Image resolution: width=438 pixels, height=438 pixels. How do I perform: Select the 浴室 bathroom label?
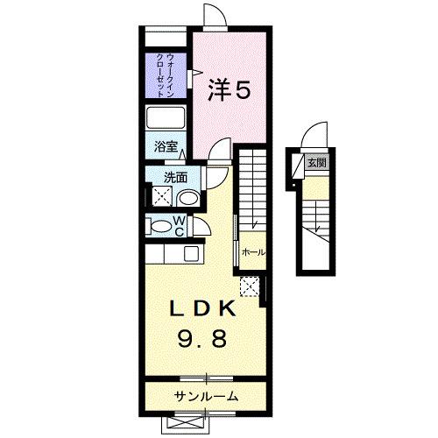tap(167, 147)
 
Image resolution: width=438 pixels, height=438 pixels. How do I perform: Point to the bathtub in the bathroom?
tap(166, 118)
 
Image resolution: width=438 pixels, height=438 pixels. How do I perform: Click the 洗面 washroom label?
tap(175, 177)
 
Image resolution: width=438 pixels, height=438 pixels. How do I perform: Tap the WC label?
tap(177, 226)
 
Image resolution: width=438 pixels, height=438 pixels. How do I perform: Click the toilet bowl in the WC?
tap(159, 226)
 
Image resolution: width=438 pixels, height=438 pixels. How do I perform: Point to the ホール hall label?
tap(252, 252)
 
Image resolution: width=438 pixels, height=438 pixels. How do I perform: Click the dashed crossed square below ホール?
tap(250, 286)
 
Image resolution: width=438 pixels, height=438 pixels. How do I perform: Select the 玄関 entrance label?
tap(316, 163)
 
